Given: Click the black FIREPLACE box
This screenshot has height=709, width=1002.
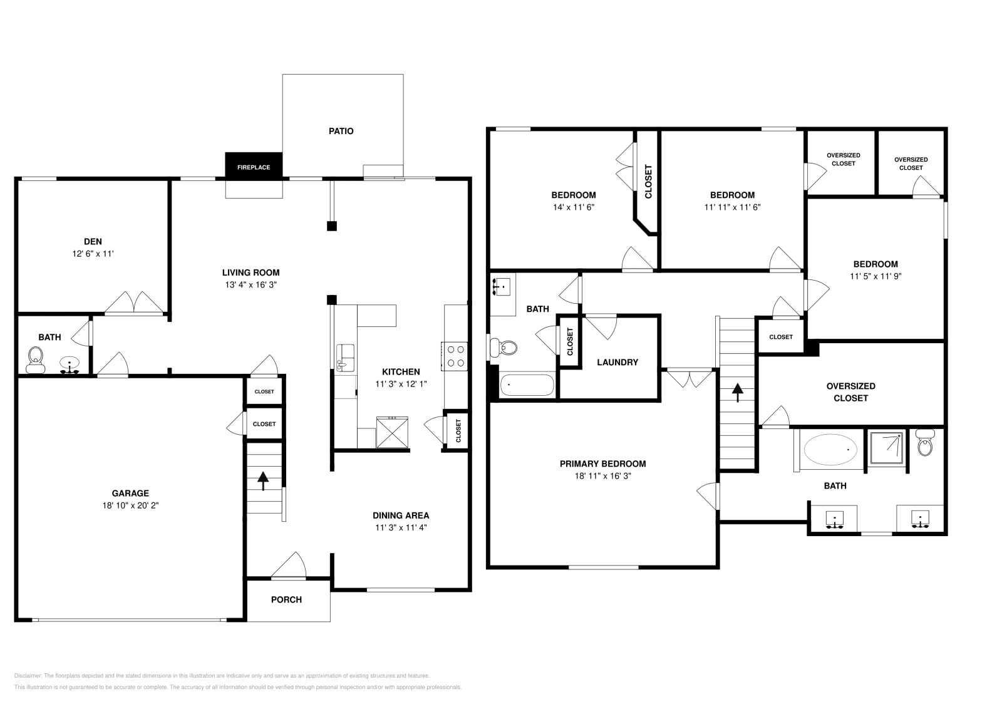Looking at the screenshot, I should point(254,167).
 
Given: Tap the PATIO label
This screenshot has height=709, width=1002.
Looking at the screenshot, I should point(341,131).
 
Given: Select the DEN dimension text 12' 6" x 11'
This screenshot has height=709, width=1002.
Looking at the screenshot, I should point(93,254).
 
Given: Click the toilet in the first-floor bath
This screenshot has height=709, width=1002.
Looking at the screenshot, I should point(36,359).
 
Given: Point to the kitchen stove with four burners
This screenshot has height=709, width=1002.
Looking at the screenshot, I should point(455,356).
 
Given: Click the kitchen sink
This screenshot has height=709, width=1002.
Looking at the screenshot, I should point(344,355).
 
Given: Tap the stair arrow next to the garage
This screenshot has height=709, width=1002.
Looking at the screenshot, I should point(263,480).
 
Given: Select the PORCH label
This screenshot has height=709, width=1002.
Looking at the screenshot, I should point(286,599).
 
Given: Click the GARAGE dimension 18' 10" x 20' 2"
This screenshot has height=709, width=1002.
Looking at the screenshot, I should point(131,505).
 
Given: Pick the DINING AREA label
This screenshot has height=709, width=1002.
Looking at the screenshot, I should point(401,515).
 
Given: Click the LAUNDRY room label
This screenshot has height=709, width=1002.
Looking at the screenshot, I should point(617,362).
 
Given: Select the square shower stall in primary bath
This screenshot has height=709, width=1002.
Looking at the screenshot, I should point(887,447).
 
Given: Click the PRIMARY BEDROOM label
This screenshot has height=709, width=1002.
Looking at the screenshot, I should point(602,463).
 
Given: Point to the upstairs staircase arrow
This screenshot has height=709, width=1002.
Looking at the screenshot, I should point(737,393).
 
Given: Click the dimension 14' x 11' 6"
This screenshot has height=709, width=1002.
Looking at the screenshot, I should point(573,207).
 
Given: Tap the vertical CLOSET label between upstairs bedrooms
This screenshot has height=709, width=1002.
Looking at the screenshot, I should point(648,182).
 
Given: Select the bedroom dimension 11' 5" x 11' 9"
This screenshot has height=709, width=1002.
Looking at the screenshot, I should point(875,276).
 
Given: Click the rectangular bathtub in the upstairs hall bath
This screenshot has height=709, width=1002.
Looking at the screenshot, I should point(527,385).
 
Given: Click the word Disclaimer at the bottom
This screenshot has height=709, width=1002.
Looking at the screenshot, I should point(27,676).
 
